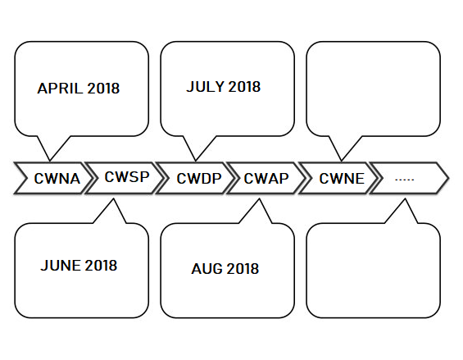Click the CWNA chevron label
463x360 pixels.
(57, 179)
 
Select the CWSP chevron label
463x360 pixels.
(127, 177)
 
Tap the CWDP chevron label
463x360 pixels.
(199, 179)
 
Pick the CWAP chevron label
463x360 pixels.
(266, 179)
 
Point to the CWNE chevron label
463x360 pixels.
(342, 179)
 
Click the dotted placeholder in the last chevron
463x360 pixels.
(405, 179)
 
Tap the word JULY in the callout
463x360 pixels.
(205, 87)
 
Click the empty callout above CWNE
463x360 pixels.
(373, 89)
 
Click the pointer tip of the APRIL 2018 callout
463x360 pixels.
(50, 161)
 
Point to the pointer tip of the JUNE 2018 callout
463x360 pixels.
(113, 198)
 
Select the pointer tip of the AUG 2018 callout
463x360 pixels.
(259, 198)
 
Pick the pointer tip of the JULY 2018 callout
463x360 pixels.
(196, 161)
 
